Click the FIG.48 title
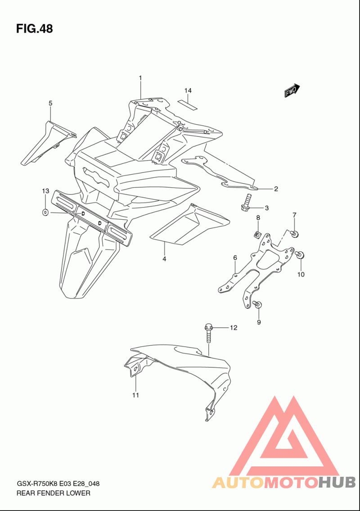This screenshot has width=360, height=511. (x=35, y=29)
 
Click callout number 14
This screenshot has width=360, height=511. (x=188, y=90)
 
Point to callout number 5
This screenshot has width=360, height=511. (x=50, y=103)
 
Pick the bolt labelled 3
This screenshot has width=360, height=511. (x=246, y=203)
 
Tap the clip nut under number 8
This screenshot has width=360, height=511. (x=258, y=234)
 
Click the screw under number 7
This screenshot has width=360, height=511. (x=295, y=234)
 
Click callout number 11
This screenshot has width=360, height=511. (x=135, y=395)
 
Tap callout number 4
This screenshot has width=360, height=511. (x=164, y=259)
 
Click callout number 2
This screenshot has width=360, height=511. (x=276, y=189)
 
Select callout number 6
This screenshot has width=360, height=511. (x=235, y=258)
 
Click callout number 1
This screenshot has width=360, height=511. (x=140, y=78)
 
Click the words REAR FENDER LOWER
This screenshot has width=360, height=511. (x=53, y=493)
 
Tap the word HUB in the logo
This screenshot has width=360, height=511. (x=337, y=483)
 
